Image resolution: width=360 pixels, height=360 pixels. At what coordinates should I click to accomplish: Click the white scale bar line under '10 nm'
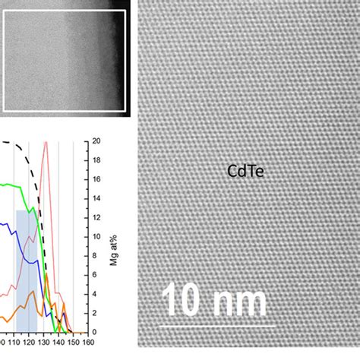point(219,326)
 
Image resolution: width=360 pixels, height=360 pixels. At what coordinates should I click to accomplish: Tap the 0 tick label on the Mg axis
point(94,332)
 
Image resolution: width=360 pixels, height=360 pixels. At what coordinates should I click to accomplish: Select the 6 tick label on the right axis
point(94,275)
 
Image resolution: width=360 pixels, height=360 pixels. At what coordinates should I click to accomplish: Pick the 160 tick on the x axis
point(88,342)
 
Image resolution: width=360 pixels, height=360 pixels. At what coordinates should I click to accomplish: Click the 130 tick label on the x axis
point(45,342)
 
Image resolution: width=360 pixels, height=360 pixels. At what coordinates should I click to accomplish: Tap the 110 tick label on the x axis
point(16,342)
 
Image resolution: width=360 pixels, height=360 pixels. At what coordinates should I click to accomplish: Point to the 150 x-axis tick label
point(74,342)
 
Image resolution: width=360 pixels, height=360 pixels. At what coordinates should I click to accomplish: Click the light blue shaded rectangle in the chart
point(26,266)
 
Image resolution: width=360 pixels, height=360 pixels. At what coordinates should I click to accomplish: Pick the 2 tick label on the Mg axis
point(94,313)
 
